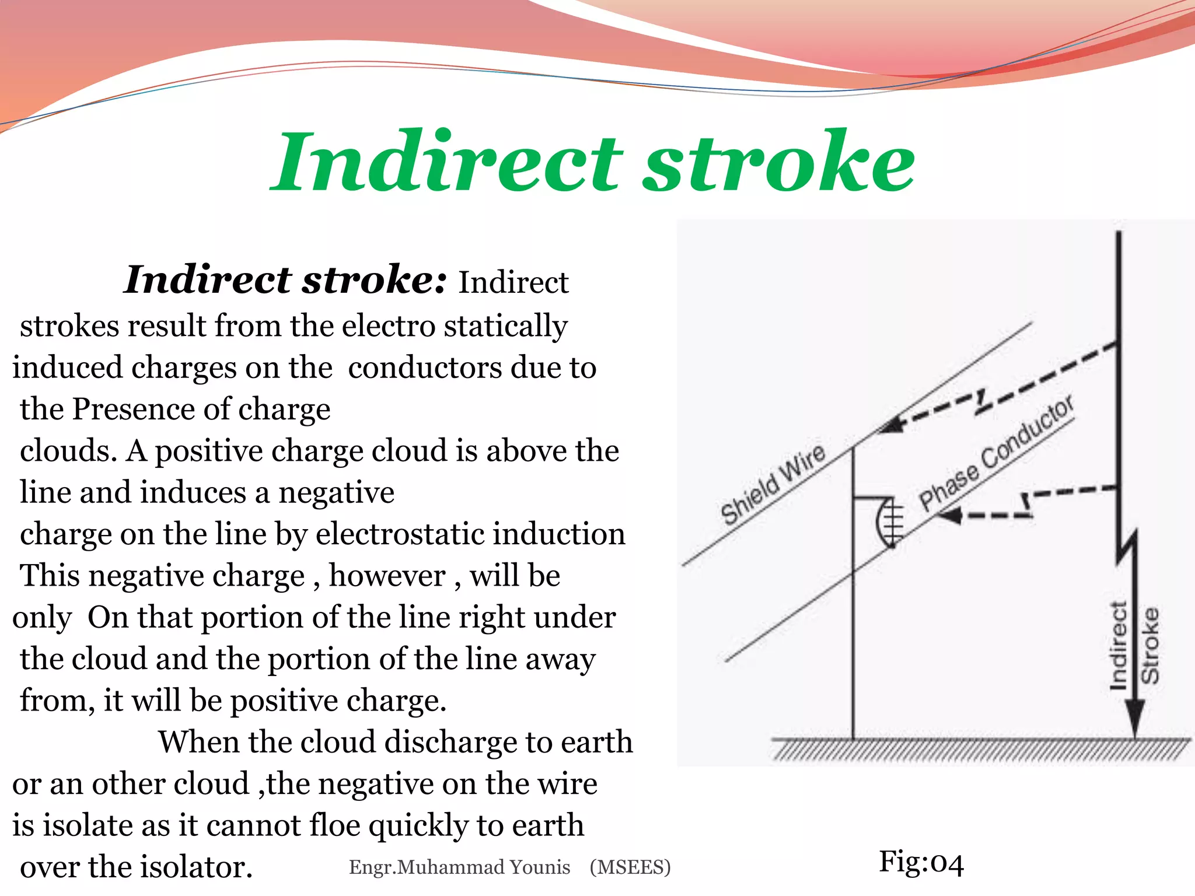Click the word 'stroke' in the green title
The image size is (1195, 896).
[x=778, y=162]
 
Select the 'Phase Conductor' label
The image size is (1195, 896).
[x=995, y=453]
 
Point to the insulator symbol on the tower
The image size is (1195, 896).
[x=888, y=521]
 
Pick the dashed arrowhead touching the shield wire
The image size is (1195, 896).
[x=892, y=425]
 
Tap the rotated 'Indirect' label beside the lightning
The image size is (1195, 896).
[x=1118, y=646]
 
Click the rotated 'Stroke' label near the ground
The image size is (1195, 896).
[x=1150, y=646]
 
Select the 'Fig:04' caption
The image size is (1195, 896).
[x=921, y=862]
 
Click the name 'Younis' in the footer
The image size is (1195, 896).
[x=539, y=867]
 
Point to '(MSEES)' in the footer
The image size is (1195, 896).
[x=630, y=867]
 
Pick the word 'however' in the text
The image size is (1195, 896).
[x=387, y=576]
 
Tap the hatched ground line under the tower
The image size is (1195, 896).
[x=980, y=750]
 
